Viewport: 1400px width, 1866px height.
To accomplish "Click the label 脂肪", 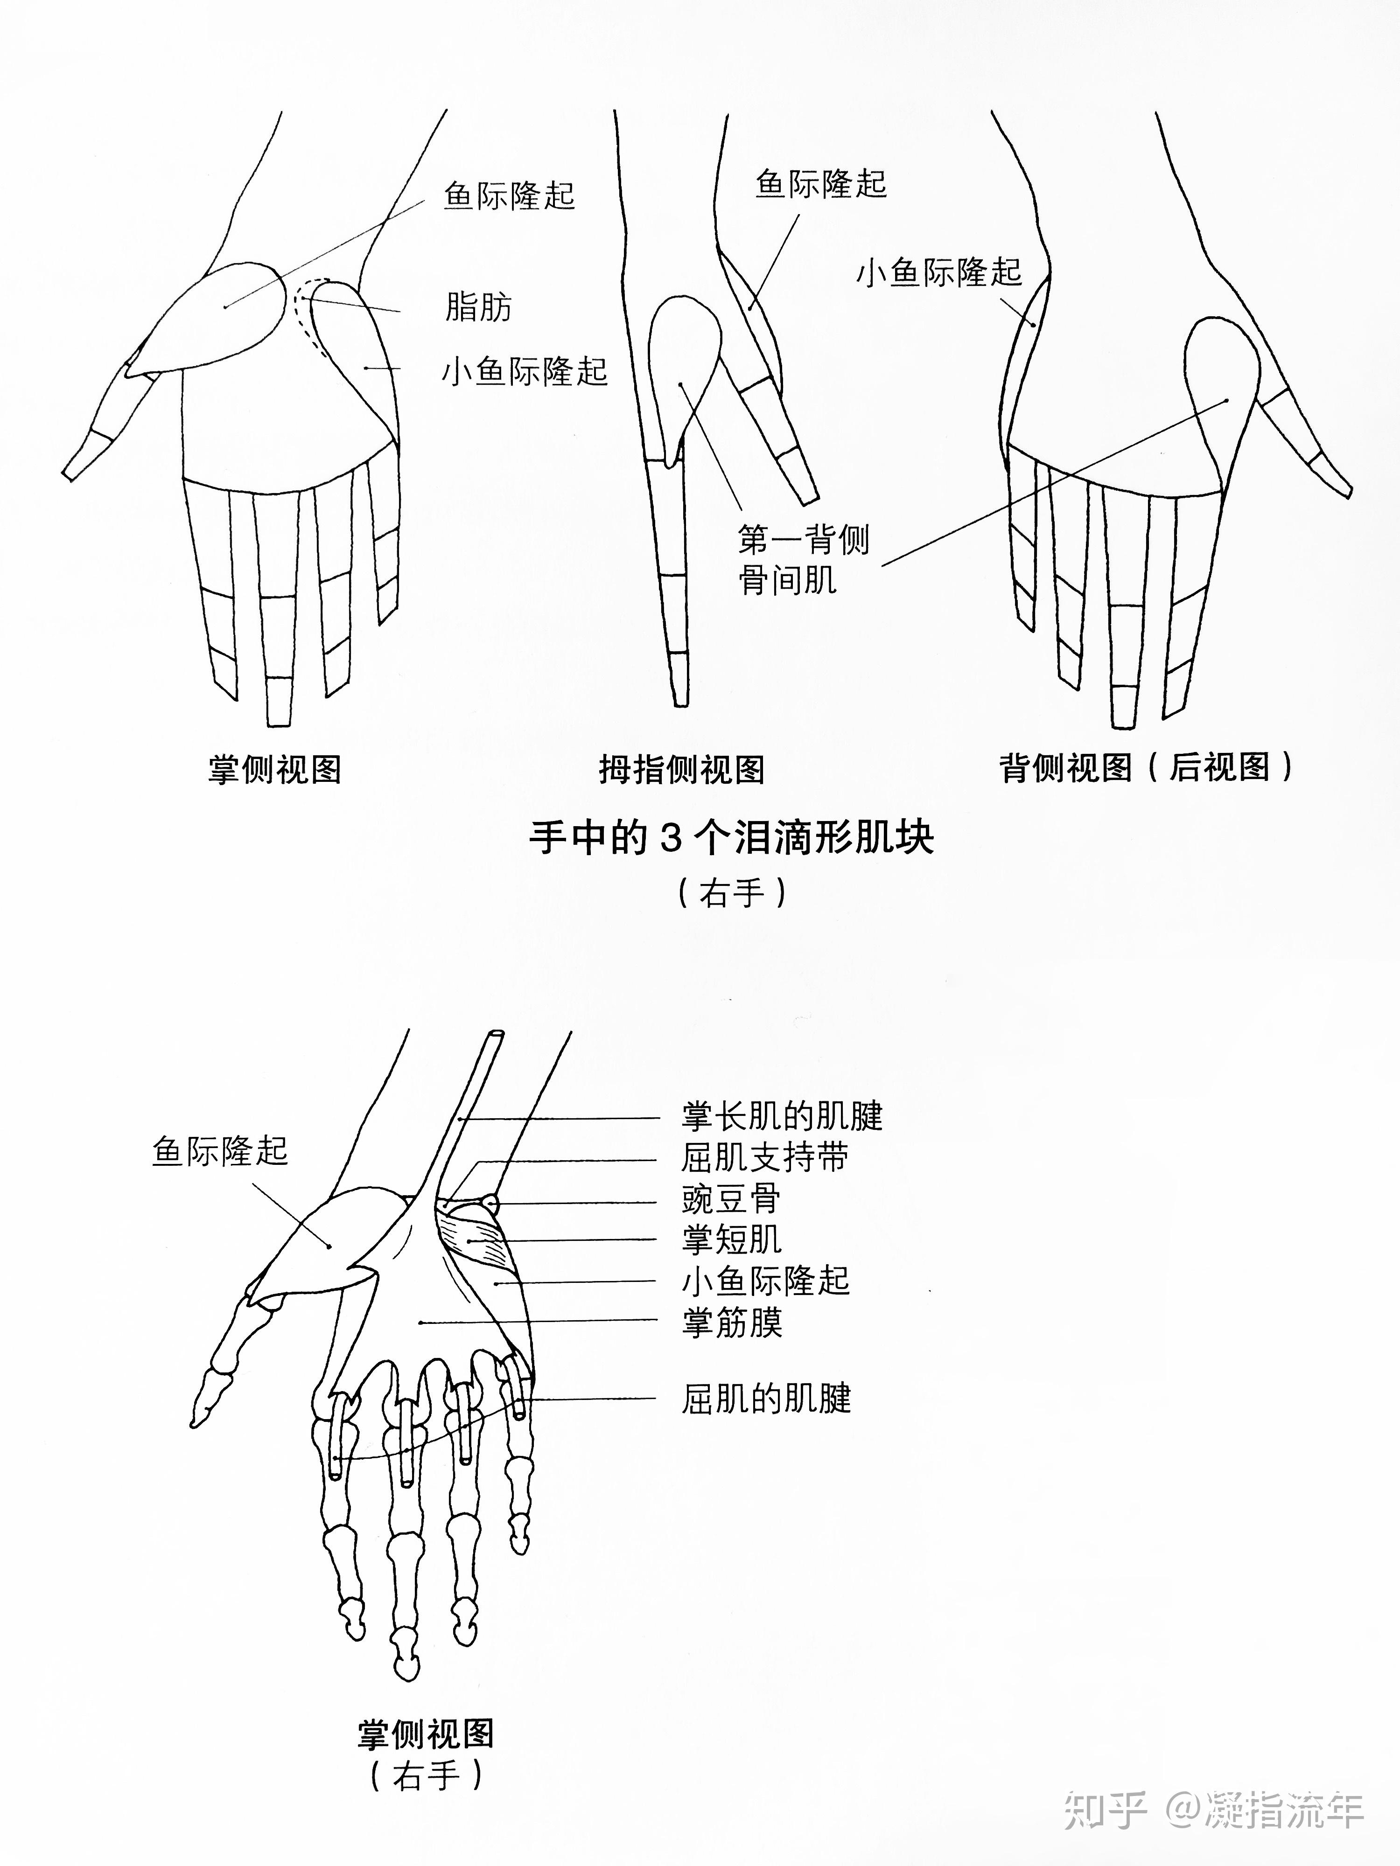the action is coord(478,307).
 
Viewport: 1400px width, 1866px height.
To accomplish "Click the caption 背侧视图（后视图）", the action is coord(1146,767).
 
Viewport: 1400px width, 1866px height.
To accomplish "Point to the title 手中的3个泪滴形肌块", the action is coord(731,838).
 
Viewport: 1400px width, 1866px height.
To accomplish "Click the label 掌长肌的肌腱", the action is coord(782,1116).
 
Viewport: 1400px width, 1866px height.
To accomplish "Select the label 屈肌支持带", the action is coord(764,1157).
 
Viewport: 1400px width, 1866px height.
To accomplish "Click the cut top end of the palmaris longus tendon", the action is coord(495,1035).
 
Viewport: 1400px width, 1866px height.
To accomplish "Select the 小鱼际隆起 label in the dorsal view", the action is coord(938,272).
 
